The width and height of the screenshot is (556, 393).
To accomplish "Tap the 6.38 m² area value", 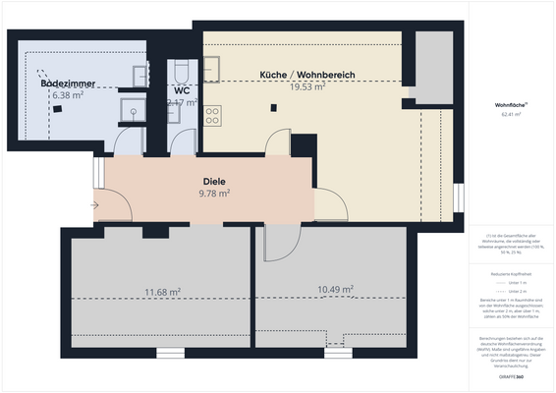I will tap(67, 95).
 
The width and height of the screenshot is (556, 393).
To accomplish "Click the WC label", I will tap(182, 89).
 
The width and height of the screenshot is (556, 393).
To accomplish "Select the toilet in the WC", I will tap(182, 71).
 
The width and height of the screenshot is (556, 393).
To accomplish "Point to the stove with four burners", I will tap(213, 115).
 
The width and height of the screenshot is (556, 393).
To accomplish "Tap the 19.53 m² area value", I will tap(306, 86).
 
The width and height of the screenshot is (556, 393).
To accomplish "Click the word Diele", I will tap(214, 182).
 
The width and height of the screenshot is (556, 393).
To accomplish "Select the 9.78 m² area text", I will tap(214, 194).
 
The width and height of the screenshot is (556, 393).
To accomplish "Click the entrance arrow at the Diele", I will tap(93, 205).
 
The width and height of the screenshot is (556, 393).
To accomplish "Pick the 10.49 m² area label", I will tap(335, 289).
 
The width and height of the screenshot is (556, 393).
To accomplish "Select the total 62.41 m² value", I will tap(510, 115).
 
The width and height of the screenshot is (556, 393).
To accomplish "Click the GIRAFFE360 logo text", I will tap(510, 376).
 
